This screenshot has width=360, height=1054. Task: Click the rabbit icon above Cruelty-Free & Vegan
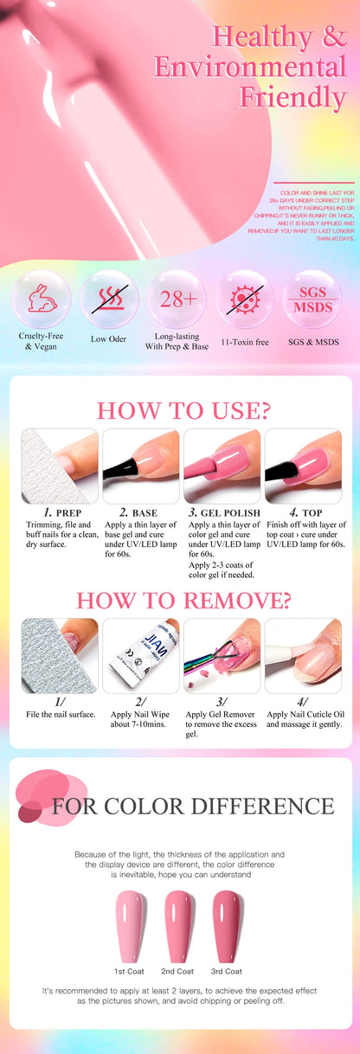(42, 299)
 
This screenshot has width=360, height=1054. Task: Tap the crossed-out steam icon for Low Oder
(109, 299)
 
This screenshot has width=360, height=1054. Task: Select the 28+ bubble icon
(177, 299)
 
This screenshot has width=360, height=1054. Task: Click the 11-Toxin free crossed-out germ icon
(244, 299)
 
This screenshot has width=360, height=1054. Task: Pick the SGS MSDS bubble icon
(312, 299)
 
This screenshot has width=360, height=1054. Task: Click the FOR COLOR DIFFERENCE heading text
(192, 807)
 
